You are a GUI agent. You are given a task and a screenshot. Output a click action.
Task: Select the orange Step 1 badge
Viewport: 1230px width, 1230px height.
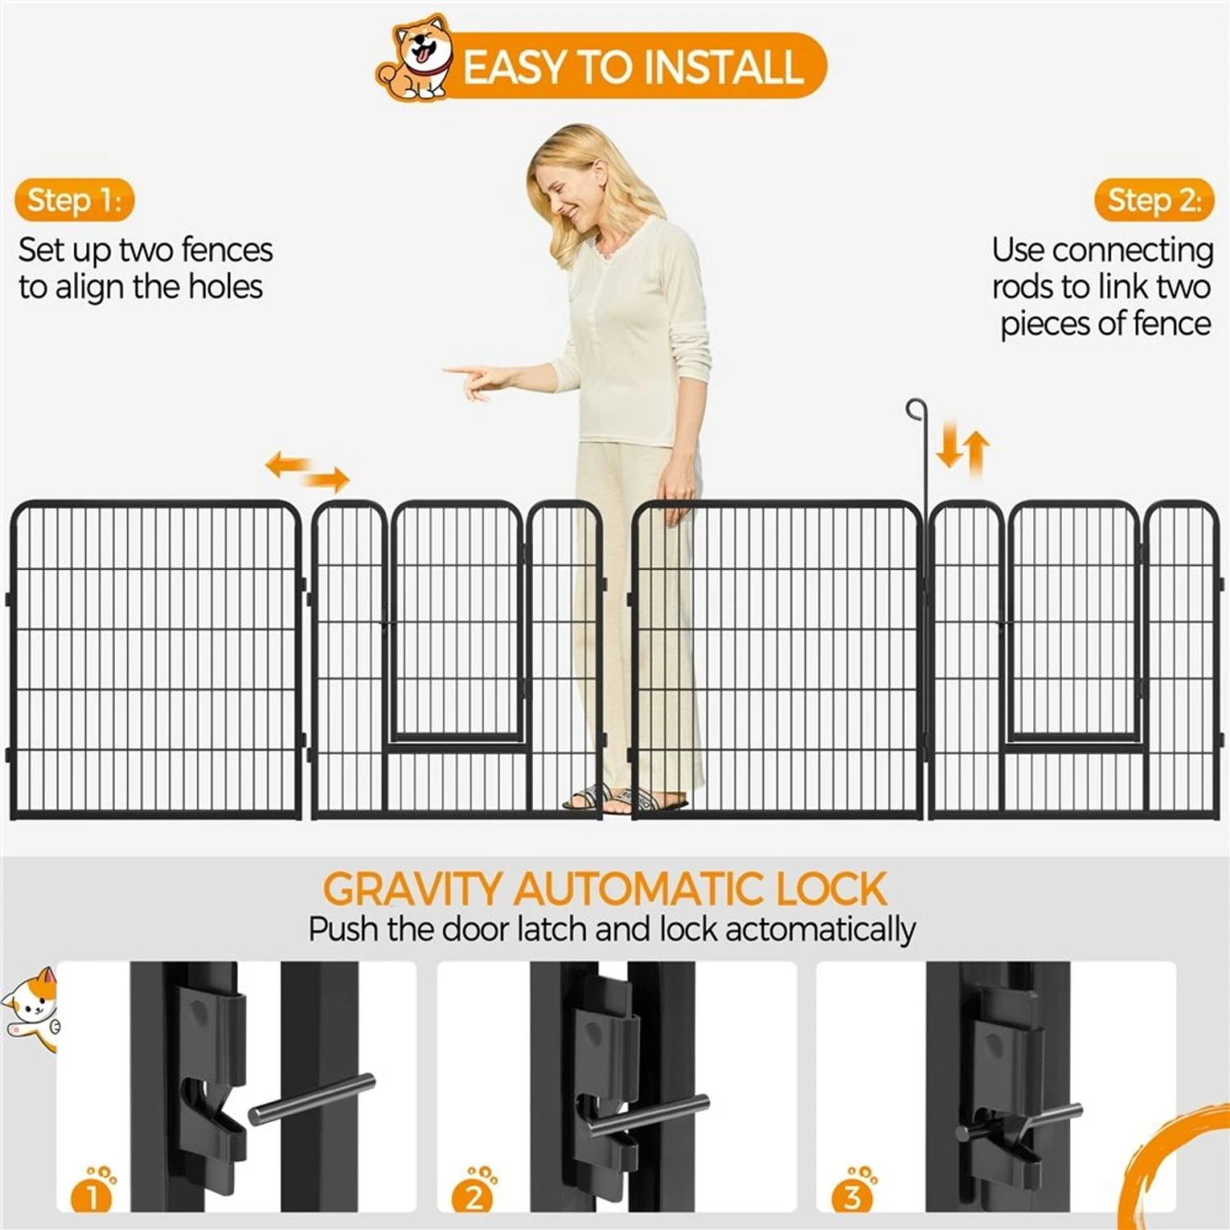point(74,200)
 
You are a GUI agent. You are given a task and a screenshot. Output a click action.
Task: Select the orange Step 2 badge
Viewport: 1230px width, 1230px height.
point(1154,200)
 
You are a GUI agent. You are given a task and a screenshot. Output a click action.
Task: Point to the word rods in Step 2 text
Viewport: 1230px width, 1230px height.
point(1022,287)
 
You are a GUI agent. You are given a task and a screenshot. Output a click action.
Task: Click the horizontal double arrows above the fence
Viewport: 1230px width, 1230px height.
point(307,470)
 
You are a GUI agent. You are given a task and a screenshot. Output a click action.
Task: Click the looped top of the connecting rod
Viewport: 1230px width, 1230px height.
point(916,409)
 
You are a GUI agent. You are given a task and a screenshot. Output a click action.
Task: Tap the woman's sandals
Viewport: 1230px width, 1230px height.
point(623,799)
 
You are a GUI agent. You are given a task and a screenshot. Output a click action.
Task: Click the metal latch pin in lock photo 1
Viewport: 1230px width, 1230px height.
point(312,1099)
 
